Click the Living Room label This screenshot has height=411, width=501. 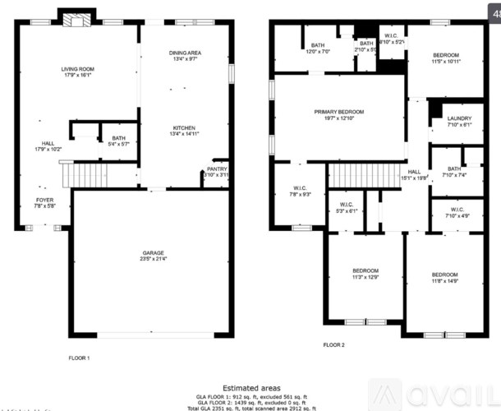[x=80, y=73]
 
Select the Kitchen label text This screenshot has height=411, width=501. [x=184, y=130]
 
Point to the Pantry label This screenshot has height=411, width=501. [x=216, y=171]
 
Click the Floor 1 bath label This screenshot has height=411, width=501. [x=119, y=141]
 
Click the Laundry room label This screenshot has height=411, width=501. [x=459, y=122]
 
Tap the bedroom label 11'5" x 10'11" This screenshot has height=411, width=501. [x=447, y=58]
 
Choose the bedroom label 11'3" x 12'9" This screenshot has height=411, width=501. [x=365, y=275]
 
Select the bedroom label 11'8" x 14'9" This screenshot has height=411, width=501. [x=446, y=278]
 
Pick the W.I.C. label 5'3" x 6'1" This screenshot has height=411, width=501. [x=346, y=207]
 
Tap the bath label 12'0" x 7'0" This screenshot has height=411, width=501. [x=317, y=48]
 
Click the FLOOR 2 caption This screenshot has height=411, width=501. [x=333, y=345]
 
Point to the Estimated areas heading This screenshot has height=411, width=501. [x=251, y=387]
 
